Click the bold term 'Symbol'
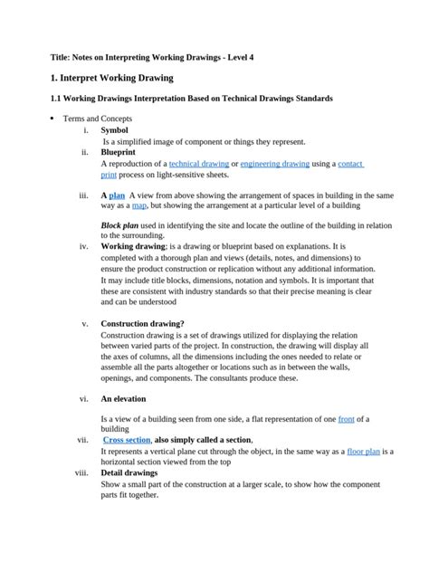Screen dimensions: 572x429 (114, 130)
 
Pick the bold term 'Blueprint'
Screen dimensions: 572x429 (119, 153)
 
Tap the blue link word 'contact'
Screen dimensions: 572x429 (350, 164)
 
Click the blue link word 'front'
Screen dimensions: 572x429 (346, 419)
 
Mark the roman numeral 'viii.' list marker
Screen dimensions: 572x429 (81, 472)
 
